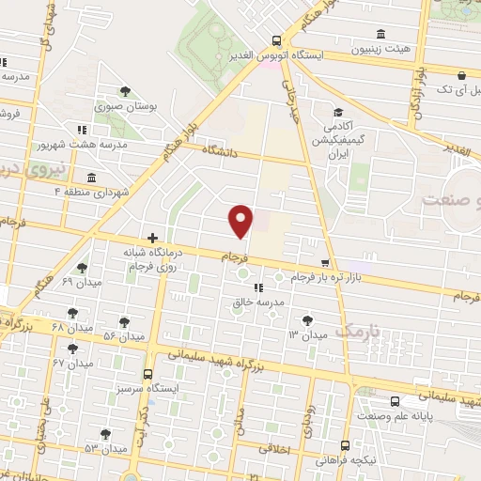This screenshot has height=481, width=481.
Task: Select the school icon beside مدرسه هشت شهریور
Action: coord(83,129)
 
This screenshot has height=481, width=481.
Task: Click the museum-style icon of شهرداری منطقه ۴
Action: coord(91,178)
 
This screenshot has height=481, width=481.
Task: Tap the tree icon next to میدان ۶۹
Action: coord(82,268)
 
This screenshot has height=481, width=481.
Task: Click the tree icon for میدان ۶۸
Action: coord(73,312)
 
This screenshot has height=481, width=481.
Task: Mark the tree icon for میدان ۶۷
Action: coord(74,349)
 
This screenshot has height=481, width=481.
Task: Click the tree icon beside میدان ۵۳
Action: coord(105,433)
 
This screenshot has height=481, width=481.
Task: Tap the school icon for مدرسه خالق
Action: coord(258,288)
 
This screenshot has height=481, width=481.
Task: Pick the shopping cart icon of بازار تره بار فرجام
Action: coord(325,264)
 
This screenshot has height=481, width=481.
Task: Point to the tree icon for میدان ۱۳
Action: coord(309,321)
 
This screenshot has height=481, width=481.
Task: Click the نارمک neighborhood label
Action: coord(353,331)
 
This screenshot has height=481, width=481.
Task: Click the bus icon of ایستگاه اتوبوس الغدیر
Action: coord(275,40)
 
